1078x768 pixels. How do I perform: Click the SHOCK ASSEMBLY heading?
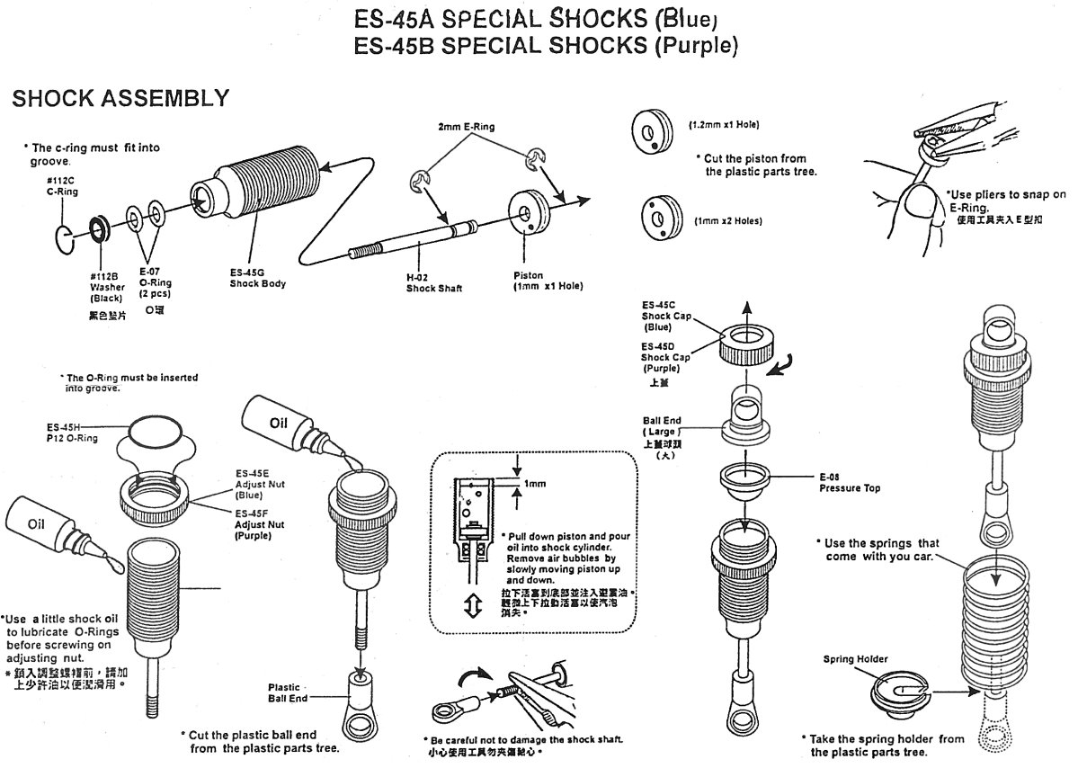click(120, 98)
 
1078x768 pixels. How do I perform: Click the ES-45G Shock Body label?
click(257, 278)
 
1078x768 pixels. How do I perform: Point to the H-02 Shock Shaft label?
click(433, 283)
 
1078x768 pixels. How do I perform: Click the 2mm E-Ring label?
click(467, 127)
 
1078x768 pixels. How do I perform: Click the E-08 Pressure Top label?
click(850, 483)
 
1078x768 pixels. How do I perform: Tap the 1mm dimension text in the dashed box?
click(534, 484)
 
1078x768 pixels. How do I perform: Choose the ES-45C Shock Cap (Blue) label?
click(664, 316)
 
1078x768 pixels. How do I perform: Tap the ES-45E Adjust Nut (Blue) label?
click(253, 484)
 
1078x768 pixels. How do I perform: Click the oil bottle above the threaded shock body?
click(286, 425)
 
